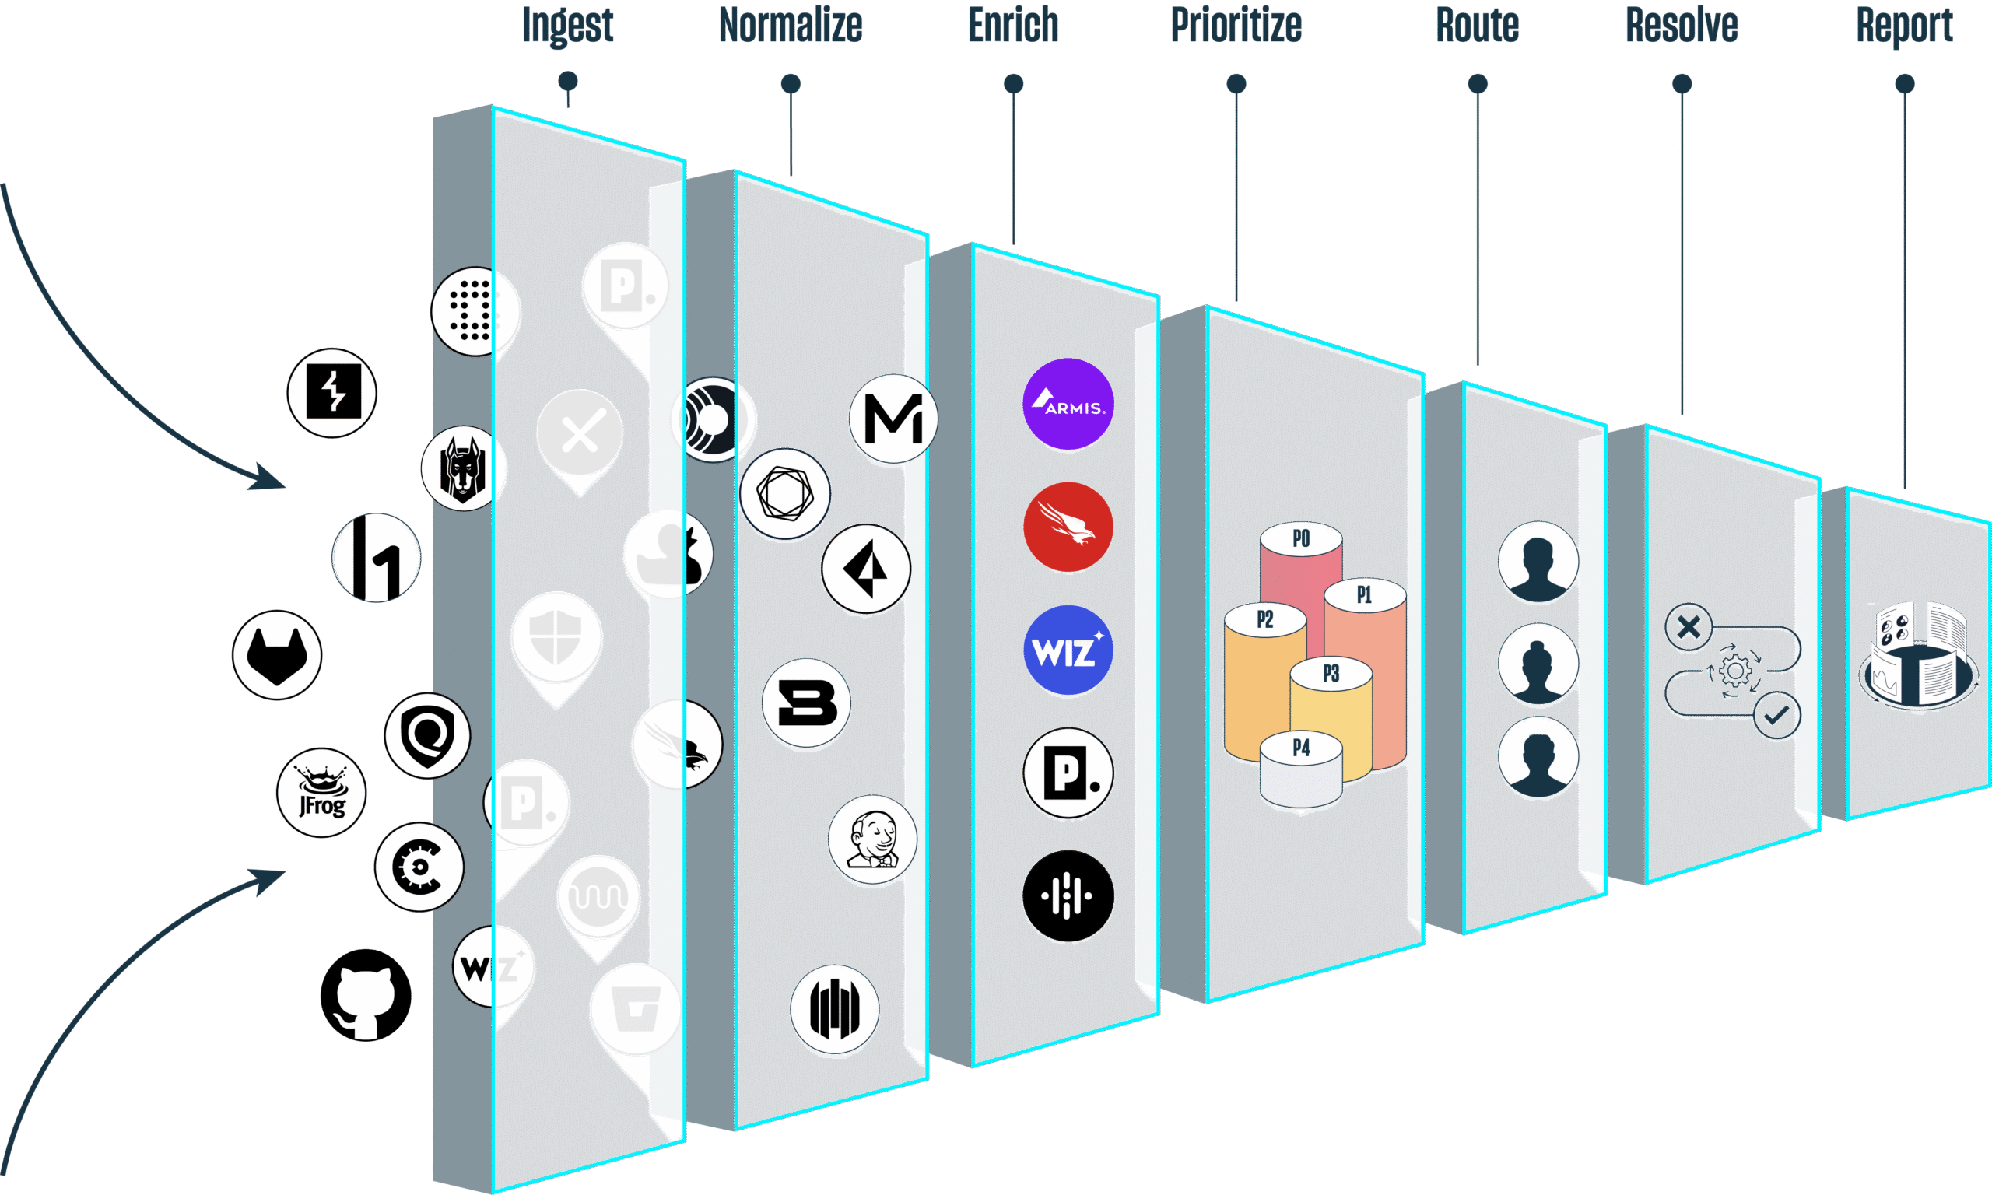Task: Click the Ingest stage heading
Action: [568, 26]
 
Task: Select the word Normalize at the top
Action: [790, 26]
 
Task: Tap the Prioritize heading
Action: [1235, 26]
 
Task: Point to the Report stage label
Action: [1904, 26]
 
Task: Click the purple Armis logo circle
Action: [1068, 405]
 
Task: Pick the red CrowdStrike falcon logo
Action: [1068, 527]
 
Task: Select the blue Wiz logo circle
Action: [1068, 650]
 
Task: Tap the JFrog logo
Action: [321, 794]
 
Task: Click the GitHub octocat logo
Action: [366, 995]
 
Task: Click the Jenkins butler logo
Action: [873, 840]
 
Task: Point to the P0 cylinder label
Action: [1300, 538]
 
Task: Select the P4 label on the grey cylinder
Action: [1300, 748]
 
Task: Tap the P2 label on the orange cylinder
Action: [1265, 619]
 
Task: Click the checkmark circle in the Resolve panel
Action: [1776, 715]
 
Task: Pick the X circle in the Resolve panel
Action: [1689, 626]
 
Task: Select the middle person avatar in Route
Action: [1538, 664]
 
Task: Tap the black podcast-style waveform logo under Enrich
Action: [1068, 895]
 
